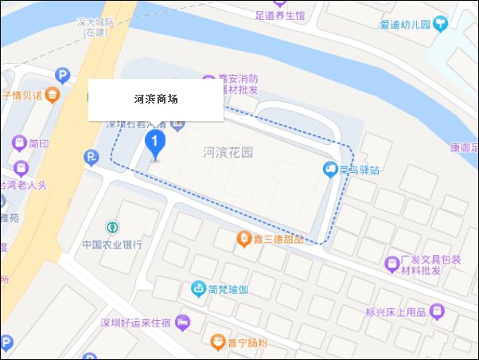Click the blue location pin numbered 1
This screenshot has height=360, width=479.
point(156,143)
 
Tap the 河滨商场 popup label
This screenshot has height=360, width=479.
point(156,100)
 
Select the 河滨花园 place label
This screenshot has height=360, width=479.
point(228,153)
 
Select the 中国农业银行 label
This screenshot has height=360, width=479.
point(112,245)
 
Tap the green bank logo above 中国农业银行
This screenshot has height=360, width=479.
point(112,227)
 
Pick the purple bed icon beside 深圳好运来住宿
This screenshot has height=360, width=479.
point(182,322)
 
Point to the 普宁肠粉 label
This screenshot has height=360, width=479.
point(245,342)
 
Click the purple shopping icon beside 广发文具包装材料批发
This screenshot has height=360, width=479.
point(391,263)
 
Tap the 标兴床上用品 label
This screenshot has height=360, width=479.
point(395,311)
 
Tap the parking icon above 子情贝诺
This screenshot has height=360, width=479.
point(62,76)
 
